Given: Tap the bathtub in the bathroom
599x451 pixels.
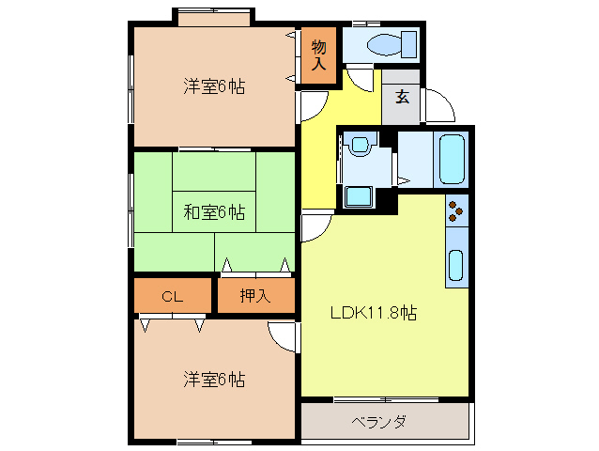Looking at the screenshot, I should [452, 159].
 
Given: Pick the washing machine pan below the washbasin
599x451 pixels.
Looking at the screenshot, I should [358, 196].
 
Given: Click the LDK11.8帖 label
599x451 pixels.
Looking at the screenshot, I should [373, 314].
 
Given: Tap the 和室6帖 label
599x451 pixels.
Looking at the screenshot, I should [213, 212].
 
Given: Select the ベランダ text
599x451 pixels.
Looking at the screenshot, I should [380, 422].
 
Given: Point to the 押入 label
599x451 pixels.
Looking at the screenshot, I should [254, 296].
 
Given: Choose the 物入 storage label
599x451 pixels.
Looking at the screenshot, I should [319, 55].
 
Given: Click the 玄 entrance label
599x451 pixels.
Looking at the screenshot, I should [402, 97].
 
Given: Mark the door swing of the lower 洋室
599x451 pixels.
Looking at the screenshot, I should [282, 335].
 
